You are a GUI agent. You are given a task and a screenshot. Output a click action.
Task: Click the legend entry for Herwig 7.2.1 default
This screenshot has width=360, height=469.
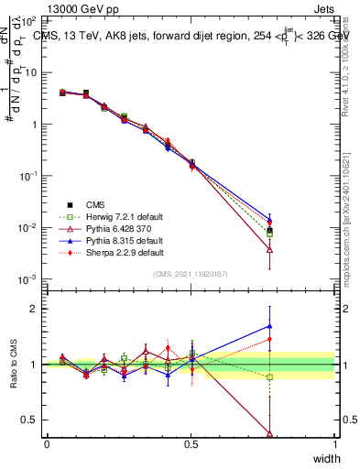click(x=110, y=216)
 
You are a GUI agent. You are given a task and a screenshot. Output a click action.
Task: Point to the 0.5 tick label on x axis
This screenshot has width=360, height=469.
click(x=191, y=444)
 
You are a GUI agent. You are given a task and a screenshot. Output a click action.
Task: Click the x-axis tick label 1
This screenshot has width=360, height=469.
click(x=334, y=444)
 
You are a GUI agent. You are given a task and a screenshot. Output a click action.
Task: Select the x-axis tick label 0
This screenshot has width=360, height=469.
click(x=47, y=444)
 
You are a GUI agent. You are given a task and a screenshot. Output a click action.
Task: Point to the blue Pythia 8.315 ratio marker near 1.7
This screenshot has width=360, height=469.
click(x=269, y=325)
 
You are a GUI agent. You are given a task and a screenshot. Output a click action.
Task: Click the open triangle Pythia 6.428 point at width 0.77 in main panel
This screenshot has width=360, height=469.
click(x=269, y=248)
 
